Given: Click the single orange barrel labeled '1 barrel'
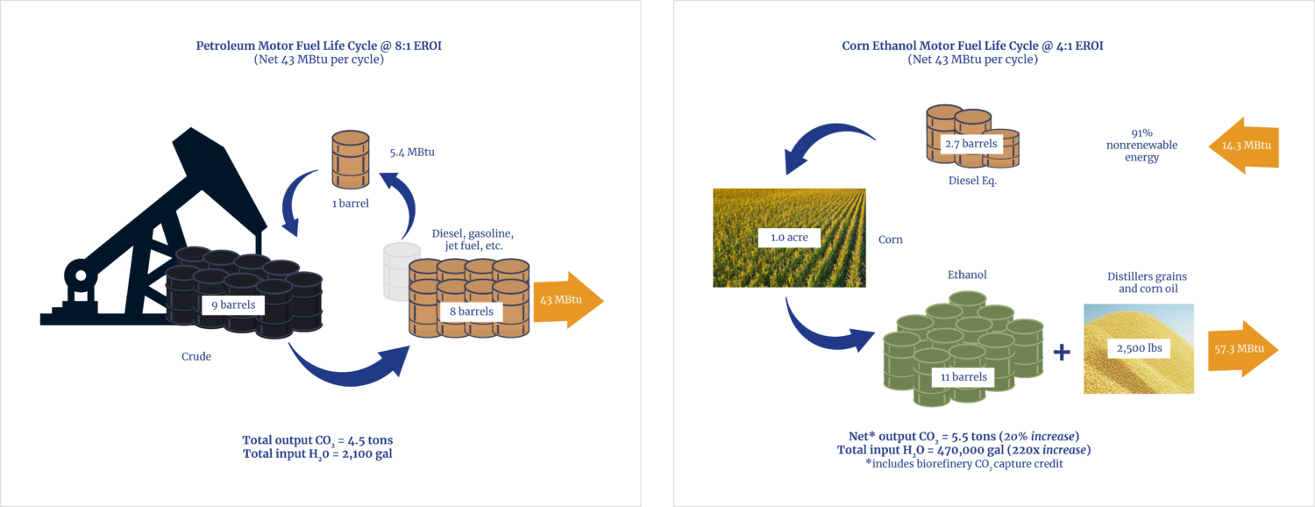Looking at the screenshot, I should coord(349,160).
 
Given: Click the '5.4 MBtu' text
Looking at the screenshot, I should coord(413,152).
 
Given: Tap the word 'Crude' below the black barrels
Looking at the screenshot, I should coord(196,357).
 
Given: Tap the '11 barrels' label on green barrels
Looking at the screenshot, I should coord(963,377).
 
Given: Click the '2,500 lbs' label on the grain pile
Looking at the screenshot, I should coord(1138,348).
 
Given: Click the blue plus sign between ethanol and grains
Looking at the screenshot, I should coord(1061,353).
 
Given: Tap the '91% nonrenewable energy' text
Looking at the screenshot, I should coord(1140,145).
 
